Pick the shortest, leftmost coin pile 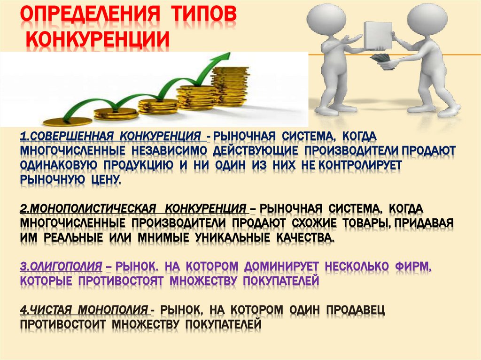(70, 121)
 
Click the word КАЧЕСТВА (304, 238)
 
